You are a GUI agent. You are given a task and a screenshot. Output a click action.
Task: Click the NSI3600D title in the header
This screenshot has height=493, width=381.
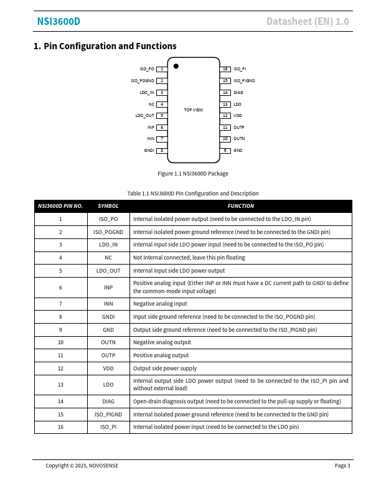point(59,22)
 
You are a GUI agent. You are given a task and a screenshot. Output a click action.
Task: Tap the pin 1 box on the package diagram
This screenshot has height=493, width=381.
point(161,69)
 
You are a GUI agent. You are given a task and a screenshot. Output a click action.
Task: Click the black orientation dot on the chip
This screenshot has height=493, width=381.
point(176,66)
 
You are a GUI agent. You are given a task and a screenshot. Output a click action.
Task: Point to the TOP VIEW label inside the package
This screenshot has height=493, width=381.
point(193,110)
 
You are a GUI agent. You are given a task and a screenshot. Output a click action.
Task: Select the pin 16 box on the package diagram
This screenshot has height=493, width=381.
point(226,69)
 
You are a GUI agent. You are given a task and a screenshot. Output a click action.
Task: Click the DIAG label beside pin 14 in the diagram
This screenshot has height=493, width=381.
point(238,93)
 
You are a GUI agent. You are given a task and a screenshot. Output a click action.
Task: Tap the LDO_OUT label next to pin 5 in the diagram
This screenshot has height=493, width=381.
point(144,116)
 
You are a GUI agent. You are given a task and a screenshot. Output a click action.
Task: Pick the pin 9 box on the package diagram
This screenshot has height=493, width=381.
point(226,151)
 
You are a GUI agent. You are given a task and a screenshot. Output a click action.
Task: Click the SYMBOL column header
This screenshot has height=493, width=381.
point(108,206)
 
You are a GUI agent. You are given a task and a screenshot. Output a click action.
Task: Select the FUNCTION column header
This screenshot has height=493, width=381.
point(240,206)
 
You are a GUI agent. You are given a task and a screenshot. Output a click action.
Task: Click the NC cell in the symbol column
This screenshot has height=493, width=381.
point(108,258)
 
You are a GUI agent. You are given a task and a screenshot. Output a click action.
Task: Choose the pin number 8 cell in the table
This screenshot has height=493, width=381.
point(60,317)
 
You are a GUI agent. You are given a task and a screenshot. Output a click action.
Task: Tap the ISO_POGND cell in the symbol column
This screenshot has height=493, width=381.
point(108,232)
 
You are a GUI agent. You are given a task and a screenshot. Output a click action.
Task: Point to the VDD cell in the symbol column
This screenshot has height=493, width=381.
point(108,369)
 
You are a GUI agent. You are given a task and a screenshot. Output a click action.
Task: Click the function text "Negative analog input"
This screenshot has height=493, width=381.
point(160,304)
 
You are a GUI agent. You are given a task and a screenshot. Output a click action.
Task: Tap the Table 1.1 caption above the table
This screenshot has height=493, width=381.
point(193,194)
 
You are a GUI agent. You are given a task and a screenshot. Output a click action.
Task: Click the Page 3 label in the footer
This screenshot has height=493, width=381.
point(342,466)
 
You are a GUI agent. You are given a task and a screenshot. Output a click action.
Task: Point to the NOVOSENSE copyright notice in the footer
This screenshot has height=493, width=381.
point(82,466)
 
